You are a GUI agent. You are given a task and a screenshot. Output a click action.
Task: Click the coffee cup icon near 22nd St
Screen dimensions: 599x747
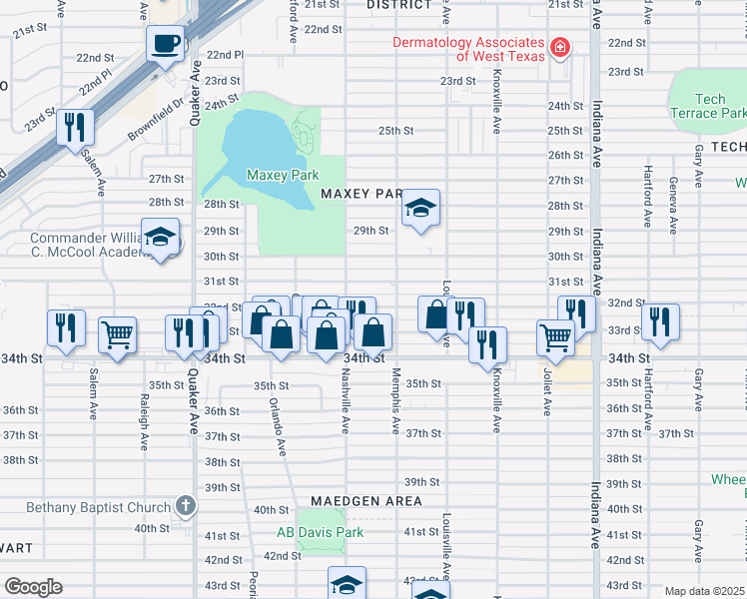166,43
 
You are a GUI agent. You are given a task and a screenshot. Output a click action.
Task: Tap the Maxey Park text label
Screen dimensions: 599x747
283,176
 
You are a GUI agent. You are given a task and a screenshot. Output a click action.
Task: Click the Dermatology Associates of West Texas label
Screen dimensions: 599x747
468,49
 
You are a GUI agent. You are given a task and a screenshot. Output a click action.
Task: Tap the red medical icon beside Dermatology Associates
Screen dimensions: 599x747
560,48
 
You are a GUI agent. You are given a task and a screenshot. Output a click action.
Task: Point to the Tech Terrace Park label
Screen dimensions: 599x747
708,106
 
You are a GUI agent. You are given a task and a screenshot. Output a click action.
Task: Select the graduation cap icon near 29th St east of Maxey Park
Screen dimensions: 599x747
421,209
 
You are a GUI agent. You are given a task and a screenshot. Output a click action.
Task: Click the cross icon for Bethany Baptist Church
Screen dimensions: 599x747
184,506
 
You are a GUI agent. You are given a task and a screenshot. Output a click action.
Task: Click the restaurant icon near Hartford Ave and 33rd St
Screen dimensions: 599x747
660,321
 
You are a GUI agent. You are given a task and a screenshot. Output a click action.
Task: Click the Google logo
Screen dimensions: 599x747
32,587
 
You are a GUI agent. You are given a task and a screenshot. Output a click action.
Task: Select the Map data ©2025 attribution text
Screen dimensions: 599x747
703,591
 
